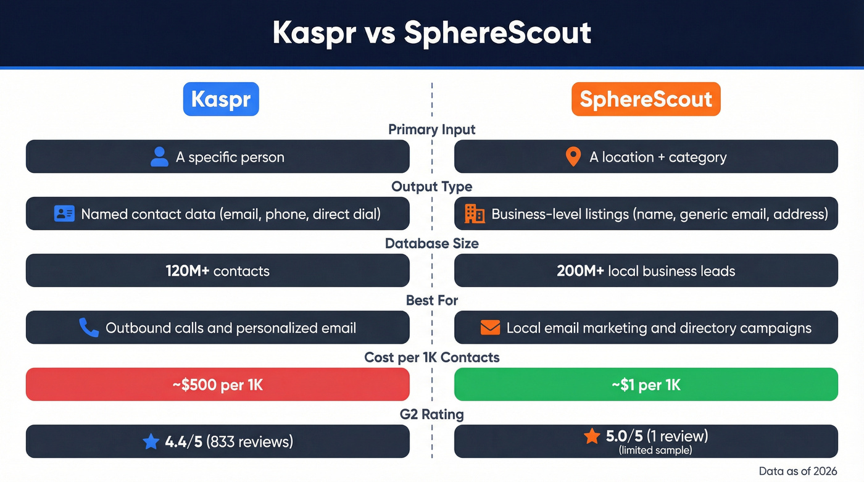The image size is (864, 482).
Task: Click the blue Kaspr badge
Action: pyautogui.click(x=221, y=99)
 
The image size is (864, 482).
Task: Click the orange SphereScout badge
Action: pyautogui.click(x=646, y=99)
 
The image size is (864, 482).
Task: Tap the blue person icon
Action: pyautogui.click(x=159, y=157)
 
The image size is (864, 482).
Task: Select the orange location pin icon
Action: pyautogui.click(x=573, y=157)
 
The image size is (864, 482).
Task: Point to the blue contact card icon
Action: pyautogui.click(x=64, y=214)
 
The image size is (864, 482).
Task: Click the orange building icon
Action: pyautogui.click(x=474, y=214)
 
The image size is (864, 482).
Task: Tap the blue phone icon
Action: pyautogui.click(x=89, y=328)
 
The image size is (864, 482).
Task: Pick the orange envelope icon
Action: pyautogui.click(x=490, y=328)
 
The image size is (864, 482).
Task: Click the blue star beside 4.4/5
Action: pyautogui.click(x=151, y=441)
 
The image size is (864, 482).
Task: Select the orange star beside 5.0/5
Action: pyautogui.click(x=592, y=437)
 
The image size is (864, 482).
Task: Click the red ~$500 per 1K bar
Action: pyautogui.click(x=217, y=384)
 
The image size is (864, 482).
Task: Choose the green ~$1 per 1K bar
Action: pyautogui.click(x=646, y=384)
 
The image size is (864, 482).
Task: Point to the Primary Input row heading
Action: pyautogui.click(x=432, y=130)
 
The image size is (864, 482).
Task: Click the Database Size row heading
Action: pyautogui.click(x=432, y=243)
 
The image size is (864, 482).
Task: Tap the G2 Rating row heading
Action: pyautogui.click(x=432, y=414)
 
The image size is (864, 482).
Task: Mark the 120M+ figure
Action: pyautogui.click(x=188, y=271)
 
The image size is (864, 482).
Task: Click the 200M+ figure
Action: pyautogui.click(x=580, y=271)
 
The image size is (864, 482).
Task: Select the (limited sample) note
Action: pyautogui.click(x=655, y=451)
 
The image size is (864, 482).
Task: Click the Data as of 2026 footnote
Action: pyautogui.click(x=798, y=471)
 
